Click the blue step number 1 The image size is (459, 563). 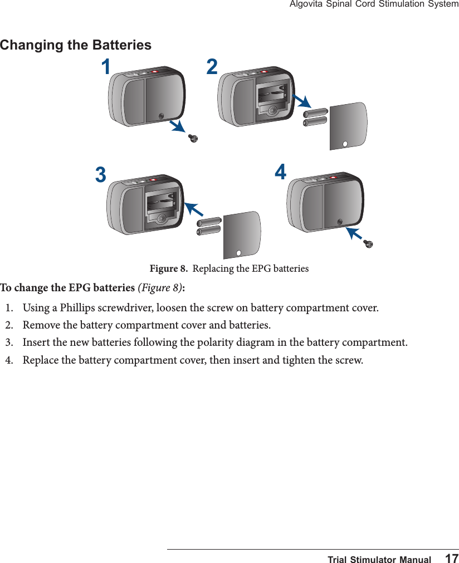tap(105, 67)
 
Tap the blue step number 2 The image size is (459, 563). tap(212, 67)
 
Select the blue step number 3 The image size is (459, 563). tap(100, 175)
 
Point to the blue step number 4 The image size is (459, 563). tap(281, 173)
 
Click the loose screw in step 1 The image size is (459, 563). tap(193, 138)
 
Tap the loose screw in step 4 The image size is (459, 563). tap(368, 243)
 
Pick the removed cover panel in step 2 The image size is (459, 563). tap(348, 126)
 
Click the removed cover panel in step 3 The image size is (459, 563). tap(242, 234)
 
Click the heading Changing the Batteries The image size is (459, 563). tap(76, 45)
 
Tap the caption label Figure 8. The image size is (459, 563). tap(168, 269)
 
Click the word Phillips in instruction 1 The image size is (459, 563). tap(77, 307)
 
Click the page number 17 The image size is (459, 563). tap(452, 559)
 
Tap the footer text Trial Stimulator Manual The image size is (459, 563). tap(379, 559)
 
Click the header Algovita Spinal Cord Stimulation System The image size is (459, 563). tap(374, 4)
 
